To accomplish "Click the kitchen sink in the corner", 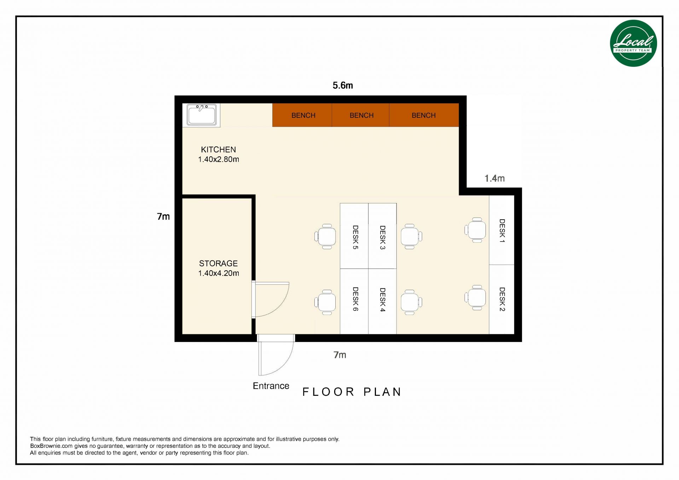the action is click(202, 115).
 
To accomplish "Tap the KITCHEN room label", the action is click(219, 150).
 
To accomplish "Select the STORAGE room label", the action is click(219, 264).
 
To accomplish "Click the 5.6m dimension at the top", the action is click(343, 86).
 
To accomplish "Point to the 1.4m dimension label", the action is click(494, 179).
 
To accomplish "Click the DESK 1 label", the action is click(502, 231).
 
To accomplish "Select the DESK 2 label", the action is click(502, 299).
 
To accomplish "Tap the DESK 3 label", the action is click(382, 237).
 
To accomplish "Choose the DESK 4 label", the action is click(382, 300).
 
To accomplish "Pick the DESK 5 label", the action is click(355, 237).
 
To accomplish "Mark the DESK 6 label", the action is click(355, 299).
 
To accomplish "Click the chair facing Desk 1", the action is click(476, 230).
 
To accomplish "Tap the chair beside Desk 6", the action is click(325, 302).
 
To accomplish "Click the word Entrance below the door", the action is click(271, 386).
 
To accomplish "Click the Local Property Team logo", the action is click(633, 43).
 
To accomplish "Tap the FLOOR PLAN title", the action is click(352, 392).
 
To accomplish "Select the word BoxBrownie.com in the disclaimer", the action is click(51, 446).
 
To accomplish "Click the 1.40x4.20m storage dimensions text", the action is click(219, 273).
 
